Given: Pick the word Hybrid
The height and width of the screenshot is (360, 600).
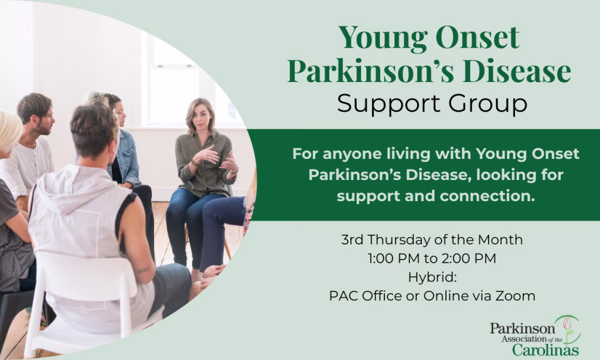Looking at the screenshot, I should pyautogui.click(x=432, y=277).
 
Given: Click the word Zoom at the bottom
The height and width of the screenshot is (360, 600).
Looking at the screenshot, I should pyautogui.click(x=515, y=296).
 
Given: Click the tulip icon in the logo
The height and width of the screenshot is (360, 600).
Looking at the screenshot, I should pyautogui.click(x=567, y=325).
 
